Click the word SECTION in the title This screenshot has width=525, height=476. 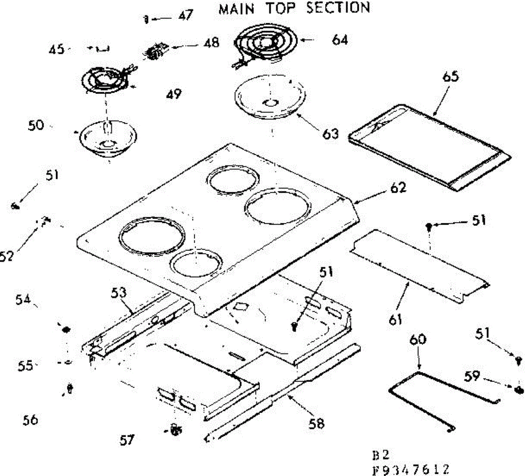[338, 8]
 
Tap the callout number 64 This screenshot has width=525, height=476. [340, 41]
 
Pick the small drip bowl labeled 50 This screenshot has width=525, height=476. [108, 139]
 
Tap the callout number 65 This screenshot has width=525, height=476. [451, 77]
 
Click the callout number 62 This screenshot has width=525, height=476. [398, 188]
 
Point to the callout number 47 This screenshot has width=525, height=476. [185, 16]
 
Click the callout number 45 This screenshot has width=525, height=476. [56, 49]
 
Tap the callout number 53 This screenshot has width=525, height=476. [119, 293]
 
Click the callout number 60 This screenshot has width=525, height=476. [418, 340]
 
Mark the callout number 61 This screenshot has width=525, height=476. [395, 320]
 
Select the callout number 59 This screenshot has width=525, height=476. [472, 376]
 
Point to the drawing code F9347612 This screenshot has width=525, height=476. [410, 469]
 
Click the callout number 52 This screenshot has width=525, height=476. [6, 256]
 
